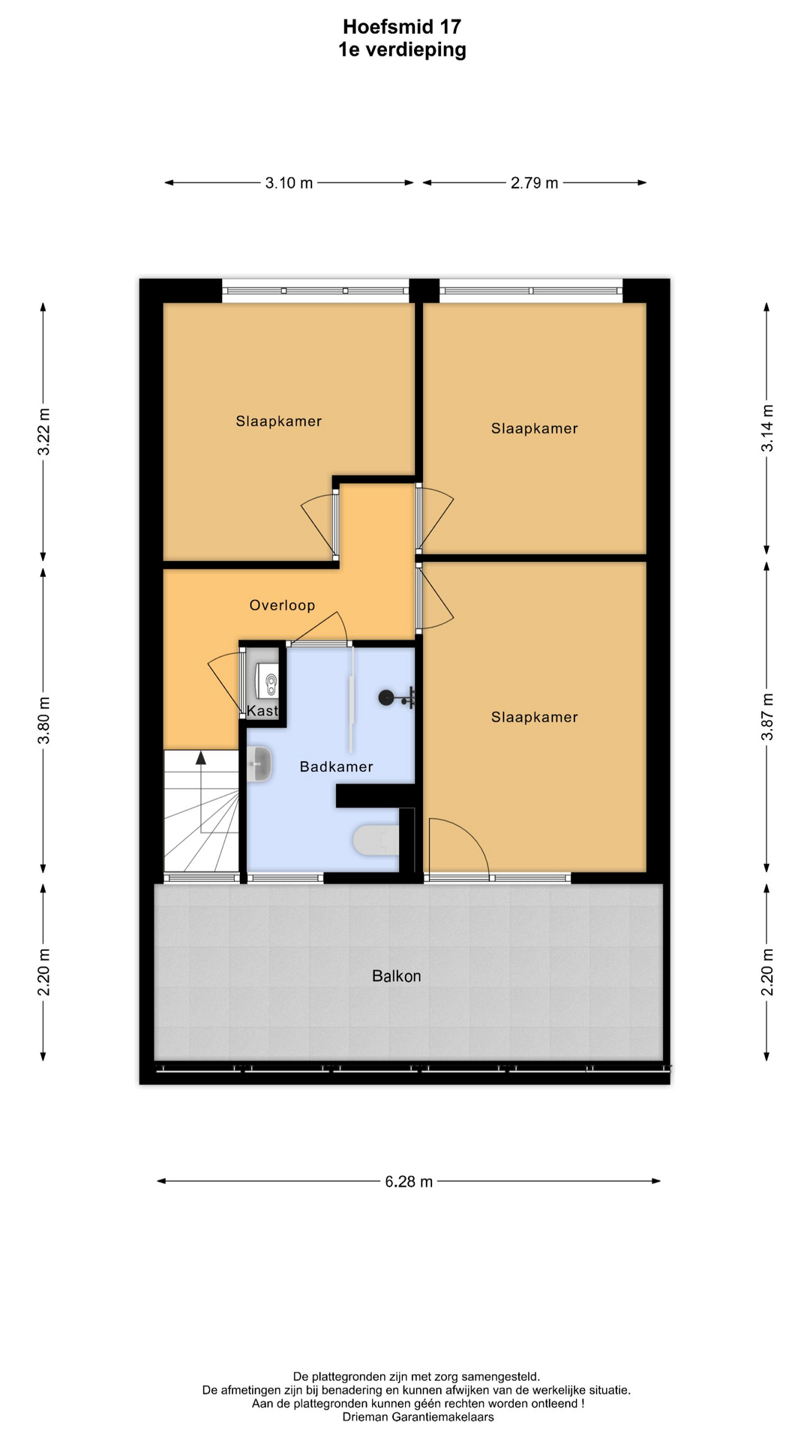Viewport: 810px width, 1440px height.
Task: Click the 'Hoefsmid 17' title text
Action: tap(402, 27)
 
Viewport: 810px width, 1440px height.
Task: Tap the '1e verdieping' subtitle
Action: tap(402, 50)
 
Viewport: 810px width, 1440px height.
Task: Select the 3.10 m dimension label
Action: tap(289, 183)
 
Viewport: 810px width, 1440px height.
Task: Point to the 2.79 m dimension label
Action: tap(535, 183)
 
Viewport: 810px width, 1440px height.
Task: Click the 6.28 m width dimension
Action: tap(409, 1182)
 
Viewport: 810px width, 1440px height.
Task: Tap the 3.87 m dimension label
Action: tap(767, 716)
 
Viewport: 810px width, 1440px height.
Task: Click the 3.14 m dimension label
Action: tap(767, 428)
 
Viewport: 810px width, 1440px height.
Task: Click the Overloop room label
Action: tap(282, 605)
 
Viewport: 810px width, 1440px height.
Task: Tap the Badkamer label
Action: tap(336, 766)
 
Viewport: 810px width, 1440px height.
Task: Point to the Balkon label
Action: tap(397, 976)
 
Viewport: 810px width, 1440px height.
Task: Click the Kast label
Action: tap(262, 711)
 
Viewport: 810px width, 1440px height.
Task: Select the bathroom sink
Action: tap(259, 764)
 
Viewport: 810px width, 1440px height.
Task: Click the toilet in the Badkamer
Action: tap(376, 840)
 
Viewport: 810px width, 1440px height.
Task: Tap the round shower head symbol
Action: tap(386, 698)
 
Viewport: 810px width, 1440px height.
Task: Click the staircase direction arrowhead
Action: tap(201, 757)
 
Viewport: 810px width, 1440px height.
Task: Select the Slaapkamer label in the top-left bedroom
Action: tap(279, 421)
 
